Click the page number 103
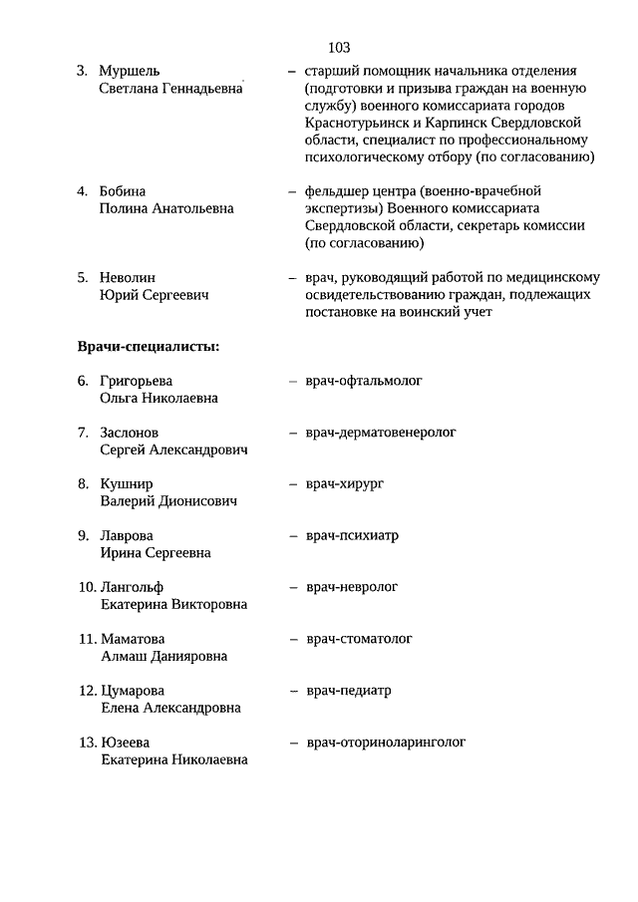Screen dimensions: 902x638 [337, 47]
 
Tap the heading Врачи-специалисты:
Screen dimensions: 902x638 [149, 346]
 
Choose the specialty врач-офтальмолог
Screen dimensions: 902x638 [364, 381]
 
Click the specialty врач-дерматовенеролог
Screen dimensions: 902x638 [380, 433]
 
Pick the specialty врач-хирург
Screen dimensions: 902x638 [345, 483]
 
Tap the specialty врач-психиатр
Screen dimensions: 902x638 [352, 535]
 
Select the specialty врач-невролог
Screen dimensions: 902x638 [352, 587]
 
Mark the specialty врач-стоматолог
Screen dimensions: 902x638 [359, 638]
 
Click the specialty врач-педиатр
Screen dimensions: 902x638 [348, 690]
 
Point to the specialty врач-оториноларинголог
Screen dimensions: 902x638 [386, 742]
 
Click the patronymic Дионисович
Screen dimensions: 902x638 [194, 501]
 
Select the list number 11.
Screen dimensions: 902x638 [87, 639]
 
